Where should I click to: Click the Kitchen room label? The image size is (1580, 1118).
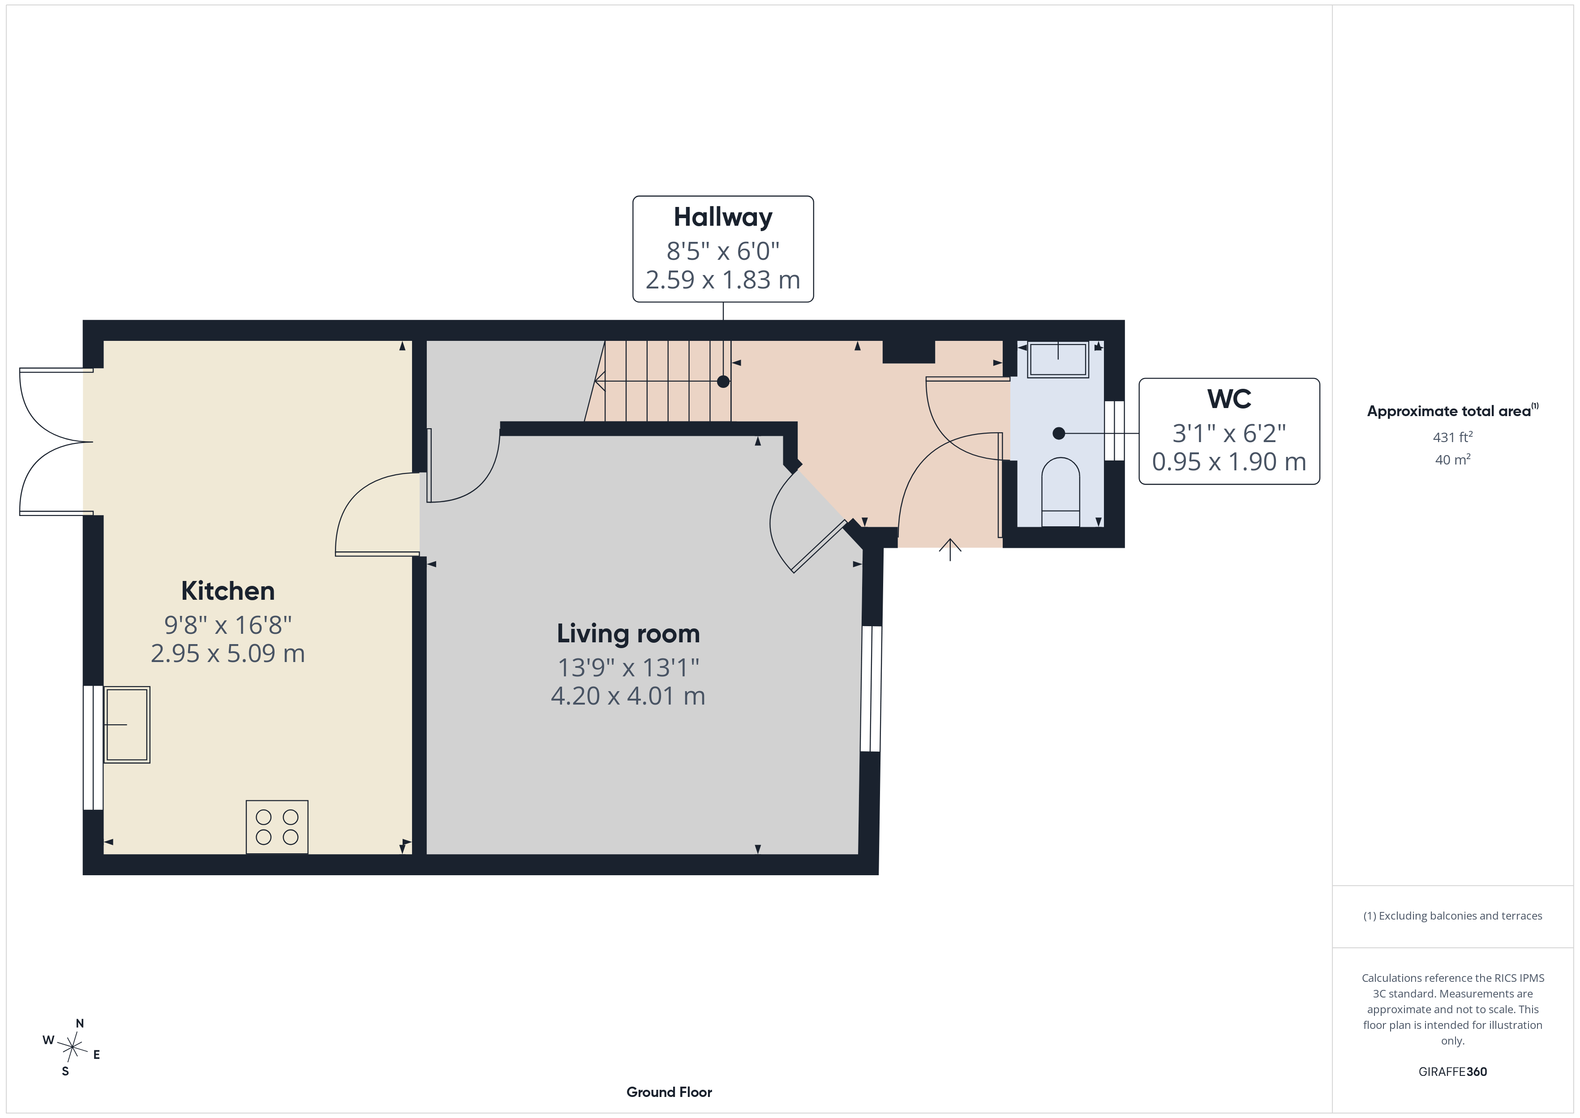(x=228, y=591)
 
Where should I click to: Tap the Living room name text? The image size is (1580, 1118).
(x=628, y=633)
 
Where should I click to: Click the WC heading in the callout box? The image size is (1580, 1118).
(x=1229, y=399)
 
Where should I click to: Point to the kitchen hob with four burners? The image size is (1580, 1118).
(x=277, y=827)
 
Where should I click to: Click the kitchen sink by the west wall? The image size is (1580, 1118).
(x=127, y=724)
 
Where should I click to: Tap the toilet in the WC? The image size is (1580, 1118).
(x=1060, y=491)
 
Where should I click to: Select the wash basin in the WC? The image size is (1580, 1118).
(x=1058, y=359)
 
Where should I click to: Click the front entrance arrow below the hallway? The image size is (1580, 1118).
(x=950, y=549)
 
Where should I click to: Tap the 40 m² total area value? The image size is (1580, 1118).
(x=1453, y=459)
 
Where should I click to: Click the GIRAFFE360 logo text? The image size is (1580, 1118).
(x=1453, y=1072)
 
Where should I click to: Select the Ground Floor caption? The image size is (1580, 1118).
(x=669, y=1092)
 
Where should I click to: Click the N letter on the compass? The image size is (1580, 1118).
(x=80, y=1023)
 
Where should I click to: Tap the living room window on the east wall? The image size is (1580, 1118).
(x=871, y=688)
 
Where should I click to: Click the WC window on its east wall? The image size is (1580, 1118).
(x=1114, y=431)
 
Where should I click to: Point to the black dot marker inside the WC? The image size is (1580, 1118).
(x=1059, y=433)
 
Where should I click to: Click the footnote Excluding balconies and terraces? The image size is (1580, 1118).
(x=1453, y=916)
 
